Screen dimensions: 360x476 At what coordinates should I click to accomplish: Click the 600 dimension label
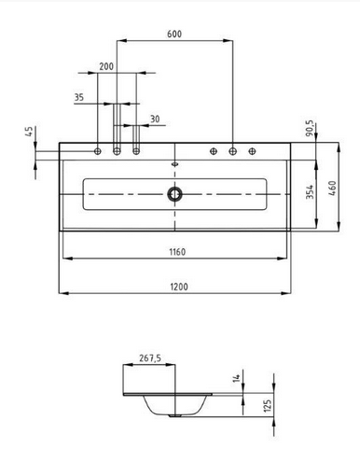click(x=174, y=34)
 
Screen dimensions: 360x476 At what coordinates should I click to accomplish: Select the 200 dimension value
click(x=106, y=66)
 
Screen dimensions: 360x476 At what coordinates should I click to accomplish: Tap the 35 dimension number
click(x=79, y=97)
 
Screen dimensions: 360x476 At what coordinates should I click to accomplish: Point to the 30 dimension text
click(x=155, y=119)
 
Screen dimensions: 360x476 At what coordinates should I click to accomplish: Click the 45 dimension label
click(x=29, y=132)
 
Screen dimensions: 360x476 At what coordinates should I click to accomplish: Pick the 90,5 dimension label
click(x=310, y=128)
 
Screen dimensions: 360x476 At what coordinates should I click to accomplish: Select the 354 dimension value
click(x=310, y=192)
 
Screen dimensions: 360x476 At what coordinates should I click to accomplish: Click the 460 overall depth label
click(x=332, y=189)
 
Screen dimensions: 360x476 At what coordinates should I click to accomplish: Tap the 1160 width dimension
click(x=177, y=252)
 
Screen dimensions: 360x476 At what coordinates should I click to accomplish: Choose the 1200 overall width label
click(x=179, y=287)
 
